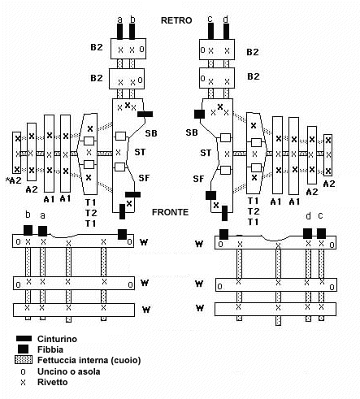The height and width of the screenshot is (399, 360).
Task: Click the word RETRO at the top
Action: [x=176, y=20]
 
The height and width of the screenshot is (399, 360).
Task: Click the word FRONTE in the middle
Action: [x=170, y=212]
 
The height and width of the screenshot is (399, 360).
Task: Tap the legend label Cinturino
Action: [x=57, y=339]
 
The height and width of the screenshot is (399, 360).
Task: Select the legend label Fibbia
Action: [x=50, y=349]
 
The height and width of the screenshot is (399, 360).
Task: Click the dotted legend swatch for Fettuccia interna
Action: [x=24, y=360]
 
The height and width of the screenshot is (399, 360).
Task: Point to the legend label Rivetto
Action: [x=53, y=382]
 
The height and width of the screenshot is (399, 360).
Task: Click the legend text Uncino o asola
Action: [x=69, y=371]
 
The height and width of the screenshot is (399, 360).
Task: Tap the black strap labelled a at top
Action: [x=119, y=32]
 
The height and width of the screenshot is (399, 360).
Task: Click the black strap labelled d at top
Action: [x=226, y=32]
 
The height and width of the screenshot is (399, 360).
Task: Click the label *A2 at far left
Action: [x=14, y=180]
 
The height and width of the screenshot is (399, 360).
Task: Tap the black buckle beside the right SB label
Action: [x=199, y=114]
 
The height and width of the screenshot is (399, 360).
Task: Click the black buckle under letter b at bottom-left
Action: [x=28, y=230]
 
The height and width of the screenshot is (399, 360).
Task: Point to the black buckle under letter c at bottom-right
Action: [x=321, y=233]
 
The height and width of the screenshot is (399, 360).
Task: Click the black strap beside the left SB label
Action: [x=145, y=114]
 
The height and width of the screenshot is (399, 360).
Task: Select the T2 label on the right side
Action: [x=254, y=211]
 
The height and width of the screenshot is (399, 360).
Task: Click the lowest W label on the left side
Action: [x=146, y=310]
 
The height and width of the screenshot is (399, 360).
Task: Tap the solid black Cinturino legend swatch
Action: [x=24, y=339]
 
